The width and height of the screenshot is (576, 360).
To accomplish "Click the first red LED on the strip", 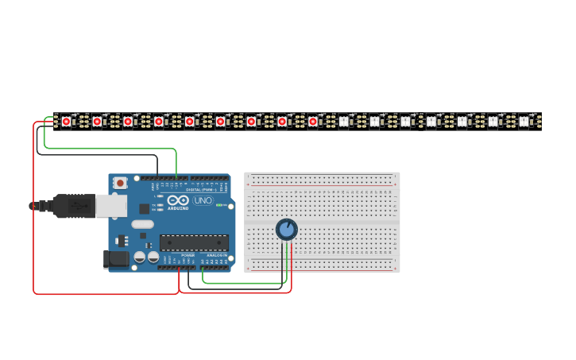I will [x=66, y=122].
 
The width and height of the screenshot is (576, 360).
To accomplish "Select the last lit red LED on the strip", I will [x=313, y=122].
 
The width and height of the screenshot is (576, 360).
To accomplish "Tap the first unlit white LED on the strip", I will [x=343, y=122].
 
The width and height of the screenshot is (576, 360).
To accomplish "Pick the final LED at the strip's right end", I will [x=524, y=122].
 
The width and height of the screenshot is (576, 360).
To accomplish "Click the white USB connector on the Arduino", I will [x=110, y=206].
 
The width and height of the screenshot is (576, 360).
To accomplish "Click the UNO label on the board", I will [x=203, y=199].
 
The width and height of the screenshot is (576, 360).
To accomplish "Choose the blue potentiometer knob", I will [x=286, y=230].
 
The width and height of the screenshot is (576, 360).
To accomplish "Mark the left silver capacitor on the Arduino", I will [x=140, y=257].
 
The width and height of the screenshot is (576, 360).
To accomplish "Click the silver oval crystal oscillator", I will [x=143, y=224].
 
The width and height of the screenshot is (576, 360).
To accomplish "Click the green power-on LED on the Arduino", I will [x=218, y=204].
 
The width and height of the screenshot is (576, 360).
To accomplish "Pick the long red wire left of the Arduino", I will [x=33, y=207].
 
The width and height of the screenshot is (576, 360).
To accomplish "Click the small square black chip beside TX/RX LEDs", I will [x=145, y=209].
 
